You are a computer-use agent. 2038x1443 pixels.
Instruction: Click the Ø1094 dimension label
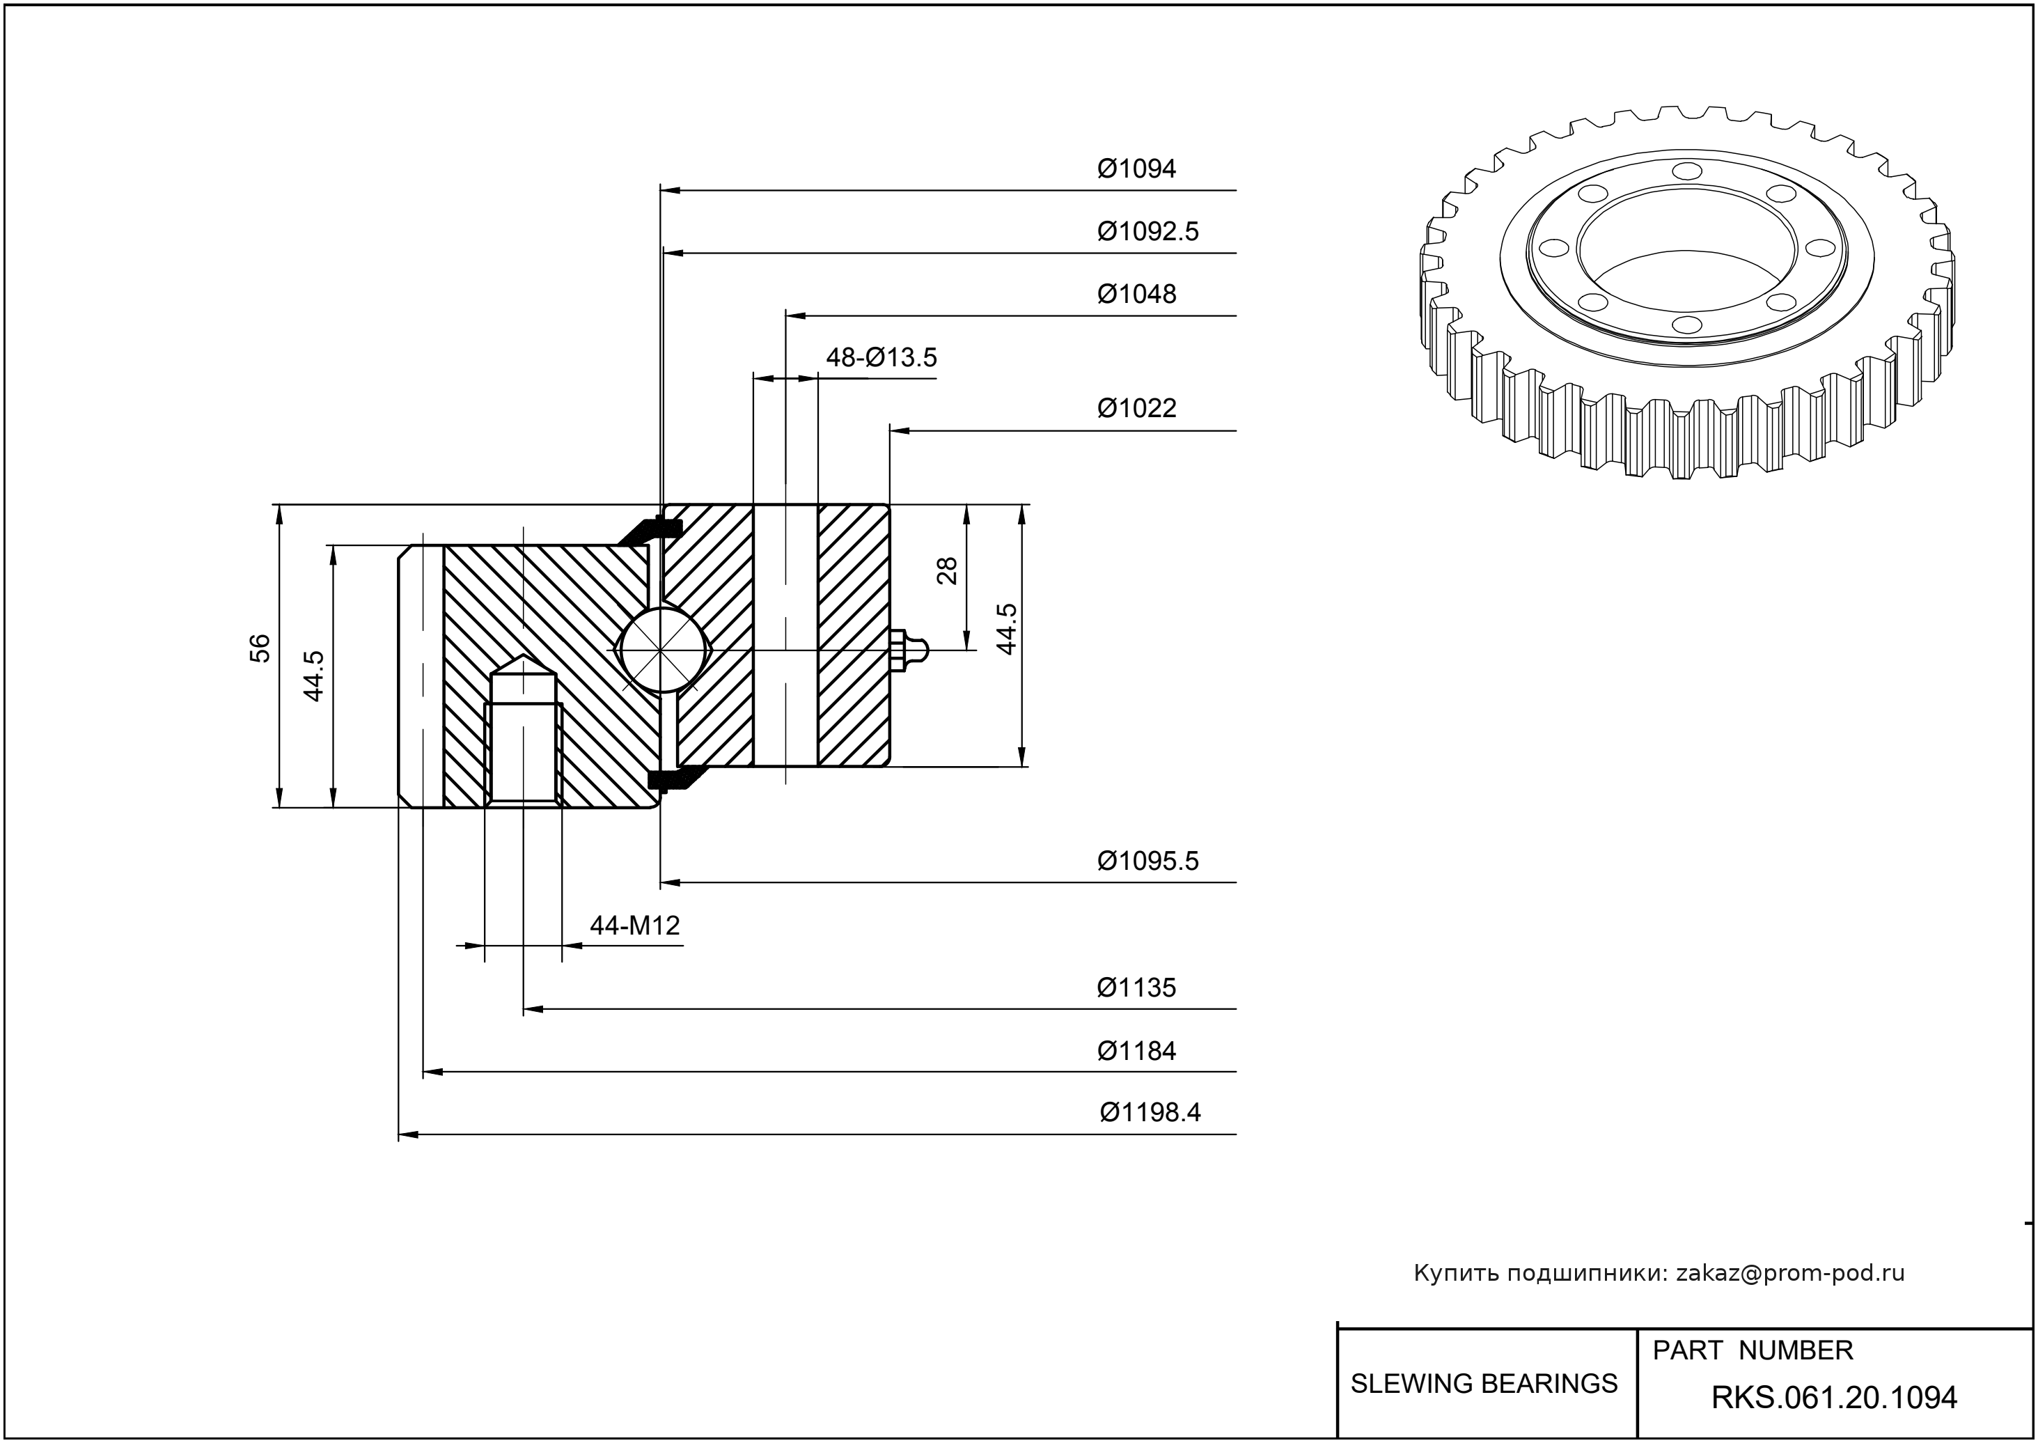1136,169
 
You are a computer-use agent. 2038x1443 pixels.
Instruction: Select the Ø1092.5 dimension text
1148,232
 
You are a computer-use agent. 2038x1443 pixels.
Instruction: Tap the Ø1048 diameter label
1136,294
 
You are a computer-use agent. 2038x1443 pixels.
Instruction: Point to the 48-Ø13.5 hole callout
881,357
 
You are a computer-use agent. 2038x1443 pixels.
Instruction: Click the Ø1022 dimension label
1136,409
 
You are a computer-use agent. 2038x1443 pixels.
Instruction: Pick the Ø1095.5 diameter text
1148,861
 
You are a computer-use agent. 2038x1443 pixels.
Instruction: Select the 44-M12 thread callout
634,926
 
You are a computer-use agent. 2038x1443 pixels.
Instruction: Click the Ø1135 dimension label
1136,988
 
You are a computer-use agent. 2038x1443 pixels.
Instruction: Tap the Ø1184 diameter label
1136,1051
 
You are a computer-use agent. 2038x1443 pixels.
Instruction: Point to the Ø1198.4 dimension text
1150,1112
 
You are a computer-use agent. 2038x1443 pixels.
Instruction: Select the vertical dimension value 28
948,570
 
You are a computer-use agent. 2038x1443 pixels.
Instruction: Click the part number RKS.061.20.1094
1834,1398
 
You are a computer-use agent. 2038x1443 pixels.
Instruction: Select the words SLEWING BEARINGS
1484,1384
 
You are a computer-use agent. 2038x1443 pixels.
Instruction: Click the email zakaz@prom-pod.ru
1789,1273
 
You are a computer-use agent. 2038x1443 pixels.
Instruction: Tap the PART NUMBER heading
1752,1350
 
